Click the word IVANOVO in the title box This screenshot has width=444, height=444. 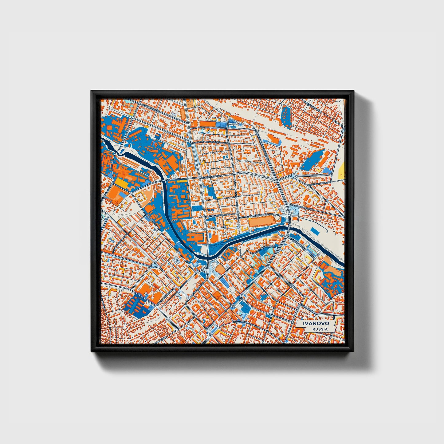[316, 324]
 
